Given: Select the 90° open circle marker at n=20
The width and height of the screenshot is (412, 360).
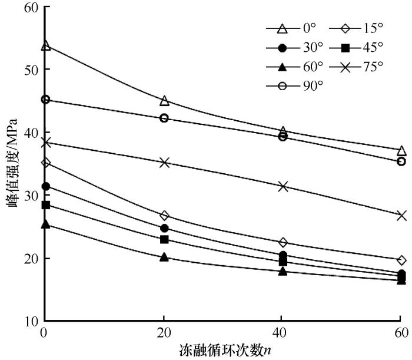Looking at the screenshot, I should (164, 118).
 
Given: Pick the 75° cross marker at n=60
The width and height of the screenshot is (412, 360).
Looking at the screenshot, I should (401, 216).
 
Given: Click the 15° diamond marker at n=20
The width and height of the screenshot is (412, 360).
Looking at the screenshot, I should (164, 216).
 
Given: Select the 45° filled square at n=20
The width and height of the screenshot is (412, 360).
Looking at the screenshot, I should (164, 239).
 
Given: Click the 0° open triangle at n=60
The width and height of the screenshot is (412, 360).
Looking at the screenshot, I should (401, 150).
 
